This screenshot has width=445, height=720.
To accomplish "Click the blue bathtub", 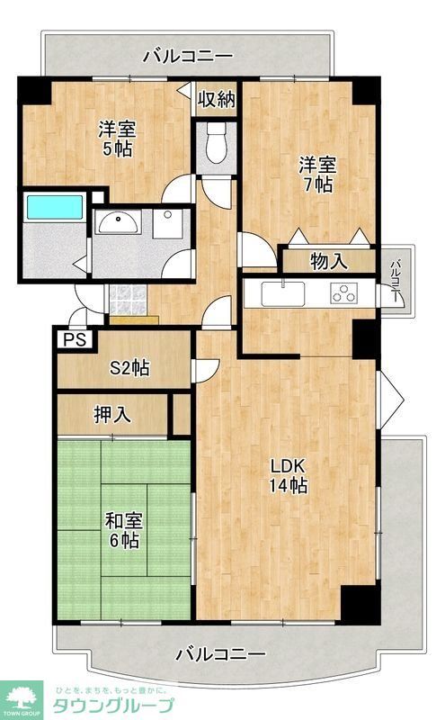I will click(x=54, y=207).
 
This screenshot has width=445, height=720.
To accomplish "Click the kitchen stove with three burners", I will click(x=345, y=293).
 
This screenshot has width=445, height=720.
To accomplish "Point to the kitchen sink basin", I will click(x=283, y=292).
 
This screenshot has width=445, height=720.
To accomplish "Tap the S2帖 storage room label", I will click(x=129, y=367).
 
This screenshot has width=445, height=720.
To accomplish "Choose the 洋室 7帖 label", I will click(x=316, y=174).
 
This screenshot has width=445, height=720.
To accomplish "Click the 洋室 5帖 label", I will click(x=116, y=139).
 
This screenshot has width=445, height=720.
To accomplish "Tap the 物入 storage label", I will click(x=328, y=262).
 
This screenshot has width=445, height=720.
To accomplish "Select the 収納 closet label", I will click(x=217, y=99).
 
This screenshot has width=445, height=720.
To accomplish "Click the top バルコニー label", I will click(x=189, y=57).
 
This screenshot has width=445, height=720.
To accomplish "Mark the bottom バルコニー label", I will click(x=220, y=652).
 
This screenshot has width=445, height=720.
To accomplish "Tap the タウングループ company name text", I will click(x=114, y=704).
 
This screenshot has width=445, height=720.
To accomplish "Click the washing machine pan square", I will click(x=167, y=224).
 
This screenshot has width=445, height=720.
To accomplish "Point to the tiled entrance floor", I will click(x=127, y=298).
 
